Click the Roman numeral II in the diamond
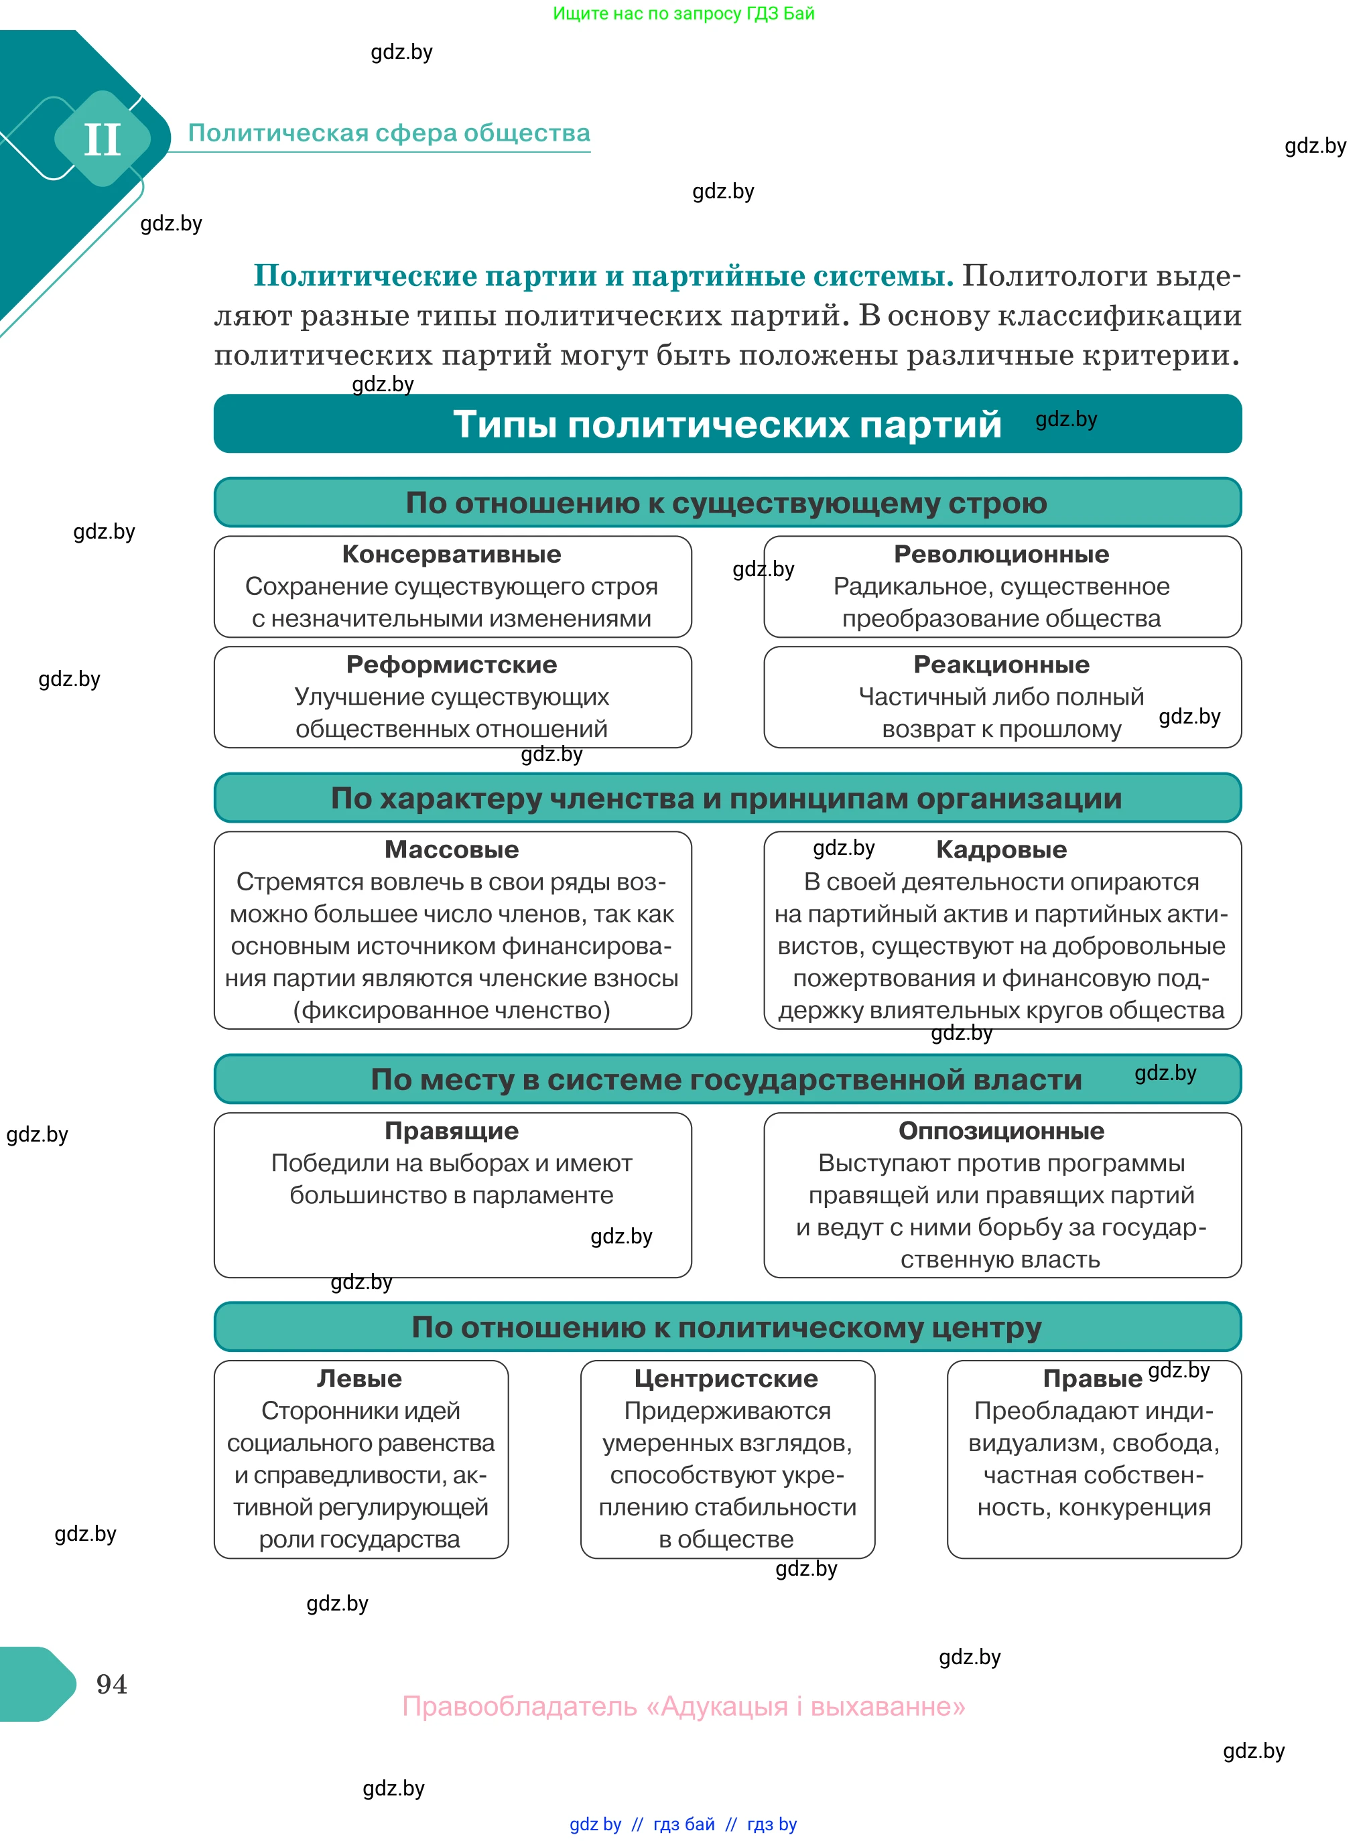click(103, 139)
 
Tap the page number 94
click(111, 1684)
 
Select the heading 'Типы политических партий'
click(727, 424)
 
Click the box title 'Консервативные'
click(452, 553)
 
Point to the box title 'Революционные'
click(1001, 553)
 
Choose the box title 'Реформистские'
click(452, 665)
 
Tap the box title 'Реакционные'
click(1001, 665)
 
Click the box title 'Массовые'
click(452, 849)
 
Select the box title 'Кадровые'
click(1001, 849)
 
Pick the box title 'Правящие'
click(452, 1130)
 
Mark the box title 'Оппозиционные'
click(1001, 1130)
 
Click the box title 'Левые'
click(360, 1378)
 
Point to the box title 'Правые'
click(1092, 1379)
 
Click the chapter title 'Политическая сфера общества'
click(389, 133)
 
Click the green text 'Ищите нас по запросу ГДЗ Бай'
click(683, 13)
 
